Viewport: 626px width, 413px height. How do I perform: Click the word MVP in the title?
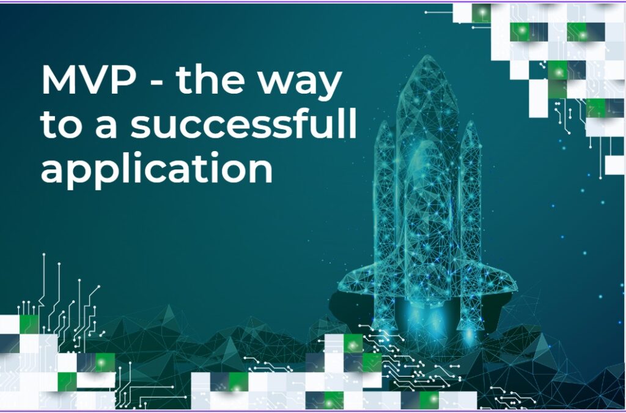pyautogui.click(x=89, y=80)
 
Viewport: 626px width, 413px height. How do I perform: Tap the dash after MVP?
pyautogui.click(x=156, y=83)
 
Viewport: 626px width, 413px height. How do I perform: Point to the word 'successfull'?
pyautogui.click(x=243, y=123)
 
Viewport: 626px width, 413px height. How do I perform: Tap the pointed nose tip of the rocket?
pyautogui.click(x=428, y=56)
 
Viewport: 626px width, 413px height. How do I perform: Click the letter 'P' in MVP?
pyautogui.click(x=124, y=80)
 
